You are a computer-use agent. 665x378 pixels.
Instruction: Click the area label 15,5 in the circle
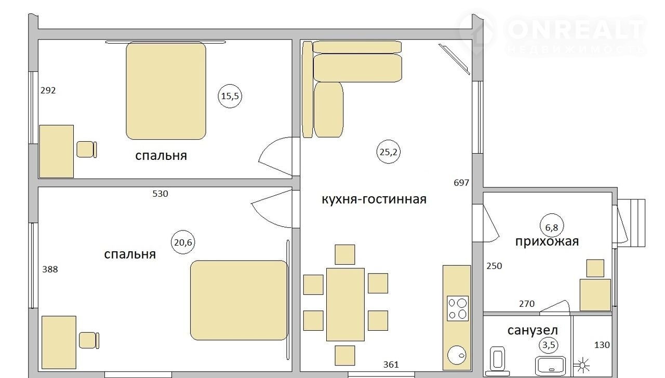(230, 96)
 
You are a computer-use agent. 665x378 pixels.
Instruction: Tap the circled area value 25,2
(388, 152)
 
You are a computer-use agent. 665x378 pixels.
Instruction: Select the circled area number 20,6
(183, 242)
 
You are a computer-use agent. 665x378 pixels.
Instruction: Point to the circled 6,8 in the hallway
(552, 227)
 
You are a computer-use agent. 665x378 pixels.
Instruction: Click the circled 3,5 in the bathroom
(549, 345)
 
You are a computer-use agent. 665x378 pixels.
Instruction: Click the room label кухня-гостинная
(374, 199)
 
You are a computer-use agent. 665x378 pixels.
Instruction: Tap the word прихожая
(547, 241)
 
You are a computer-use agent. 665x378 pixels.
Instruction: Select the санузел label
(533, 330)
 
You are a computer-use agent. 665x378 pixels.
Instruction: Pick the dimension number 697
(461, 183)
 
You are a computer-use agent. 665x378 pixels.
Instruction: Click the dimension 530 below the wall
(161, 194)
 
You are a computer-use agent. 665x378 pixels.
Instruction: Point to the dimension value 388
(50, 269)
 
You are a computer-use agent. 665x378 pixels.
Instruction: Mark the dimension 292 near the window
(48, 90)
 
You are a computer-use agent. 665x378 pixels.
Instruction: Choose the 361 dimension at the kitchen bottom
(391, 365)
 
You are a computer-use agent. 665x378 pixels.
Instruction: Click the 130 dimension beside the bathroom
(602, 345)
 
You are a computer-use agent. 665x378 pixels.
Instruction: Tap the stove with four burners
(458, 308)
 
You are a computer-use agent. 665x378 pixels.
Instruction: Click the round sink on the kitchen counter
(457, 355)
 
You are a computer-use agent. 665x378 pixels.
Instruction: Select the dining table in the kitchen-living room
(345, 304)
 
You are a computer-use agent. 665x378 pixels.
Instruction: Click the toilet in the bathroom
(497, 361)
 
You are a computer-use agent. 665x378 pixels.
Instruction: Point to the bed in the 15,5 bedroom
(166, 91)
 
